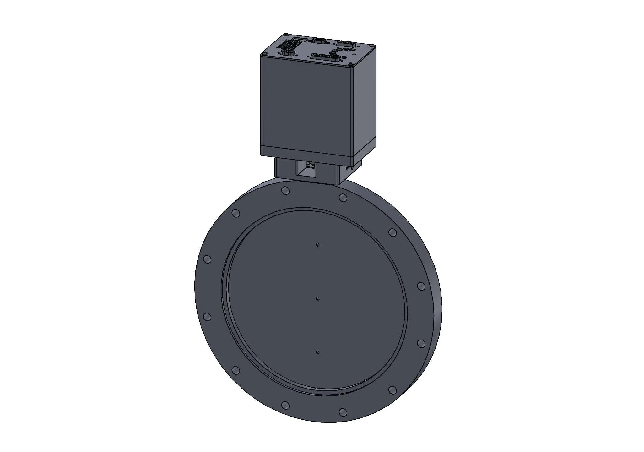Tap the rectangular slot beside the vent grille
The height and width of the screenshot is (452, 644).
(298, 39)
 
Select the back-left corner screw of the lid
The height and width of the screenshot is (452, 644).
(286, 34)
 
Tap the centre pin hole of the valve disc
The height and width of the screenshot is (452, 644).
(318, 299)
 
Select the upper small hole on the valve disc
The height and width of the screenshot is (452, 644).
(318, 244)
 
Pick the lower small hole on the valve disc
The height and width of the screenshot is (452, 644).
(318, 352)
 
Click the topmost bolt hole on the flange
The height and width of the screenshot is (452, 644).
(285, 190)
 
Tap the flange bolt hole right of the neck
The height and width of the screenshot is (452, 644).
(343, 198)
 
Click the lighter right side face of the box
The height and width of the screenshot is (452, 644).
(365, 104)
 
